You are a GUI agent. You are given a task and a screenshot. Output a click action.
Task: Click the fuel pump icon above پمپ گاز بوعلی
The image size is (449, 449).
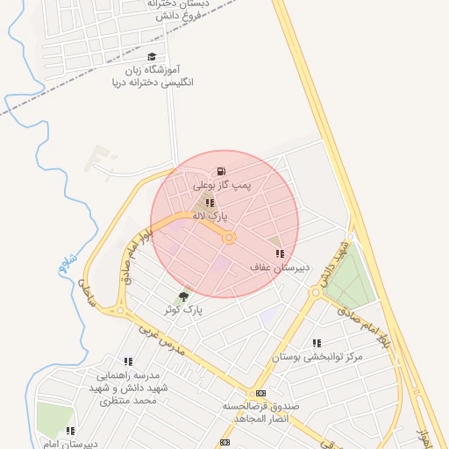point(221,171)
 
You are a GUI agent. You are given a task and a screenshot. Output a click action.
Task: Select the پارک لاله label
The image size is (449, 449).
point(210,215)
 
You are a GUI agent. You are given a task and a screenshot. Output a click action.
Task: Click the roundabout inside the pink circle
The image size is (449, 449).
point(229,238)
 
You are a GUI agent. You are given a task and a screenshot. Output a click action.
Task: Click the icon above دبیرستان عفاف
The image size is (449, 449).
point(280,253)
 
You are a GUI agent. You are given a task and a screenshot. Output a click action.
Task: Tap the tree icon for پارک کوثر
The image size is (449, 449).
point(183,296)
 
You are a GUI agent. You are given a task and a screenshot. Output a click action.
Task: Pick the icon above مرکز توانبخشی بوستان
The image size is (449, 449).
point(317,343)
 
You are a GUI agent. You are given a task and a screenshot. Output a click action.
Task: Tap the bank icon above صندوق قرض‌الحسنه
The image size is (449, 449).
point(260,393)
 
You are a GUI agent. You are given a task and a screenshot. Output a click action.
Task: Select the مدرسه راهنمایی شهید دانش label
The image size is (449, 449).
point(128,388)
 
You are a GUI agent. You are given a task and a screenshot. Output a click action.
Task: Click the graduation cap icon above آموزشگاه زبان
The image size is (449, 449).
point(152,56)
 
